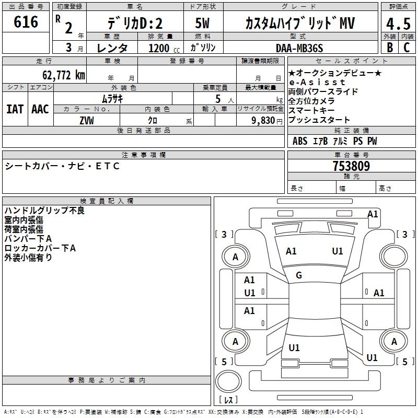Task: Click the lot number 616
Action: pyautogui.click(x=26, y=22)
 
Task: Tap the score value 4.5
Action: pyautogui.click(x=398, y=24)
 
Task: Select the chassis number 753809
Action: pyautogui.click(x=351, y=166)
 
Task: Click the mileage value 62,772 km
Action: pyautogui.click(x=57, y=75)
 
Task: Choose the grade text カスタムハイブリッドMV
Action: pyautogui.click(x=300, y=24)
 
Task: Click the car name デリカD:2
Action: pyautogui.click(x=135, y=24)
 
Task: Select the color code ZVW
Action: pyautogui.click(x=87, y=120)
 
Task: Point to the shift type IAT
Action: pyautogui.click(x=15, y=109)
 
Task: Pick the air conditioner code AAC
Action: pyautogui.click(x=40, y=109)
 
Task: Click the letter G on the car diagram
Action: pyautogui.click(x=299, y=275)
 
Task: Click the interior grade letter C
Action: pyautogui.click(x=407, y=48)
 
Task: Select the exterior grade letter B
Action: pyautogui.click(x=389, y=48)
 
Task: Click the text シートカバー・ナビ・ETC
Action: pyautogui.click(x=63, y=166)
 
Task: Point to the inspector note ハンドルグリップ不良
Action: pyautogui.click(x=44, y=211)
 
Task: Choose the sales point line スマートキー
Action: pyautogui.click(x=311, y=110)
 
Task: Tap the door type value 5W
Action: pyautogui.click(x=203, y=24)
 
